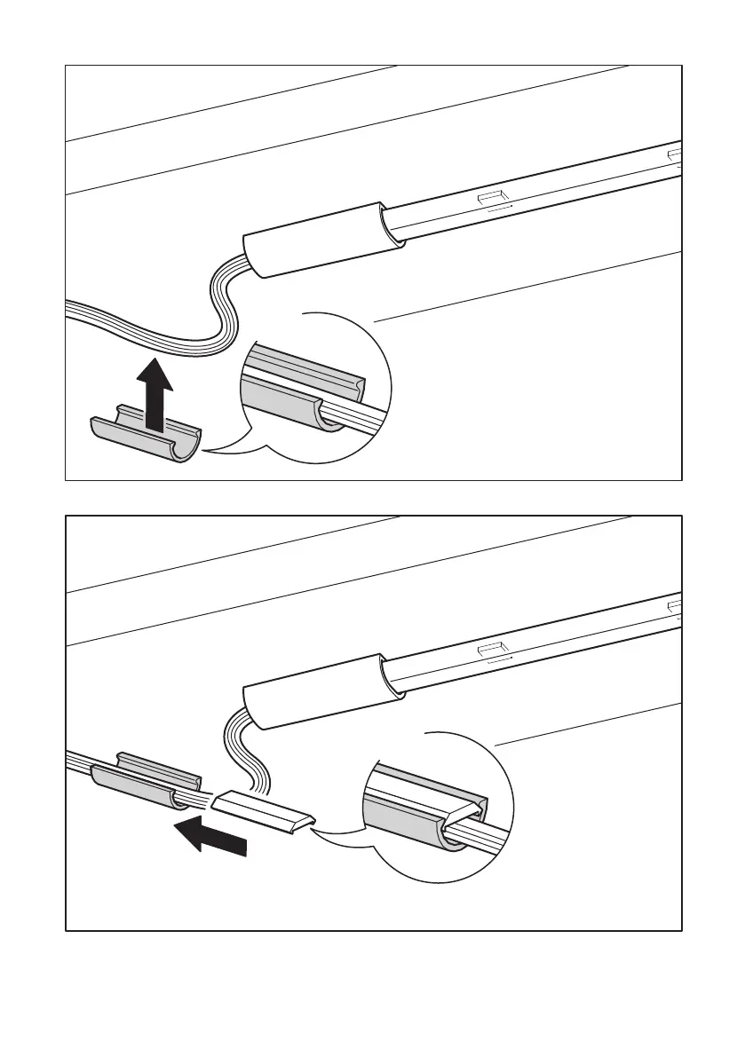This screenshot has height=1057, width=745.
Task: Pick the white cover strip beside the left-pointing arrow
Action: [263, 810]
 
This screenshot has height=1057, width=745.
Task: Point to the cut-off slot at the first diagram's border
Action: [675, 156]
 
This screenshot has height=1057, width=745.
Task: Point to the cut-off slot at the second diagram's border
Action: [675, 606]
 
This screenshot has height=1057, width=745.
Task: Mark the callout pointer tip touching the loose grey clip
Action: [203, 452]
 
